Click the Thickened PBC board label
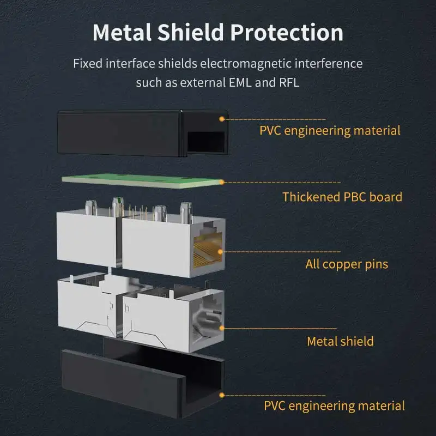coord(342,197)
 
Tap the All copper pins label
coord(347,264)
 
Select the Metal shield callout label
coord(340,341)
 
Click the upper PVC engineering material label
coord(330,130)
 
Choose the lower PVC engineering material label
coord(334,405)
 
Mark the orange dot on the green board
coord(222,182)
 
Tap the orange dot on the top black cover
coord(222,118)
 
